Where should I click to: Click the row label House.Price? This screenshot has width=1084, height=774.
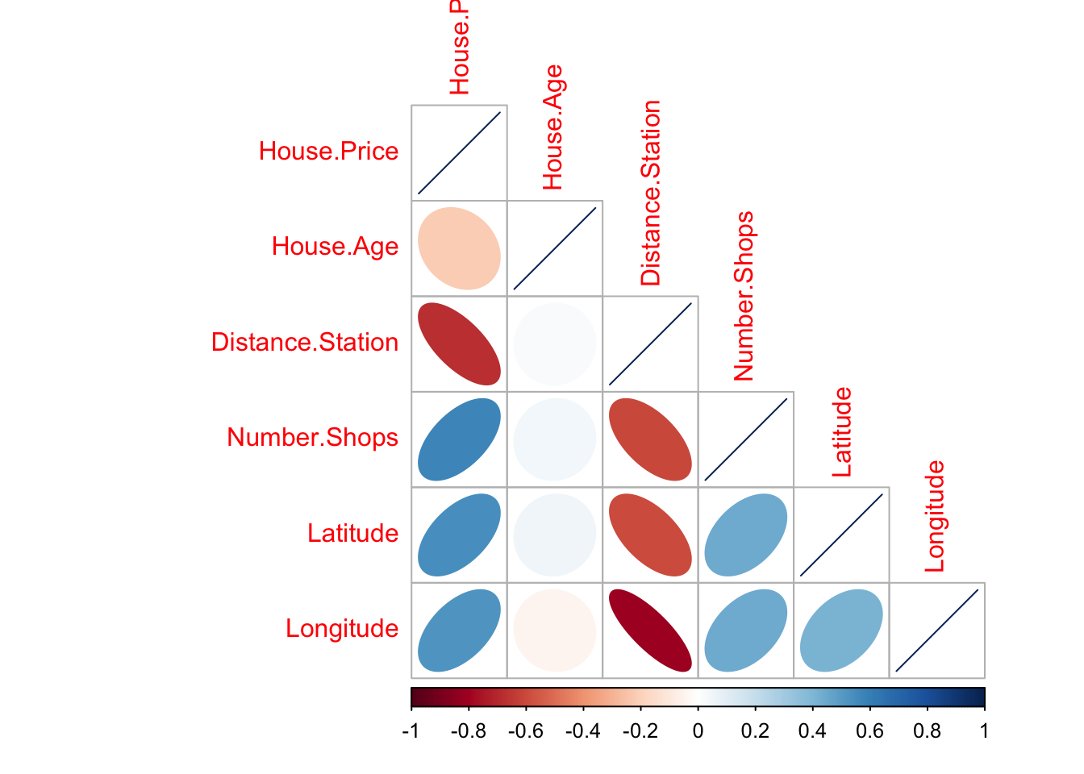click(328, 152)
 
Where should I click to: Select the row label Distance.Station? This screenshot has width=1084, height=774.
click(305, 343)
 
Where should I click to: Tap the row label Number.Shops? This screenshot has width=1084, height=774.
click(313, 438)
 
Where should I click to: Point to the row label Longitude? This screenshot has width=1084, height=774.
click(342, 629)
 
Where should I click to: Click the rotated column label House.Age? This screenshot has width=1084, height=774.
click(553, 127)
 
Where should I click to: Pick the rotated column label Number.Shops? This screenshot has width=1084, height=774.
click(744, 296)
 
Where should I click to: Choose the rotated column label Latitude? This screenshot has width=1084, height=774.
click(841, 432)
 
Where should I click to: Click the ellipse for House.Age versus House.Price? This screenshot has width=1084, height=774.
click(459, 248)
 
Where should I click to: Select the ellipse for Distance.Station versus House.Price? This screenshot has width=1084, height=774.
click(459, 343)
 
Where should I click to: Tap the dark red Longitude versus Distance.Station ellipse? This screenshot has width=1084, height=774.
click(650, 630)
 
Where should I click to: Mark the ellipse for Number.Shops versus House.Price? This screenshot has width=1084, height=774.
click(459, 439)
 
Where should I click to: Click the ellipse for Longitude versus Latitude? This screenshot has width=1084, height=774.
click(841, 630)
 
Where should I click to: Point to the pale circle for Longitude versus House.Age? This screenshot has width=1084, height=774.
click(555, 630)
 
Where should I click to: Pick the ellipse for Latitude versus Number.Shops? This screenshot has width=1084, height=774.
click(746, 535)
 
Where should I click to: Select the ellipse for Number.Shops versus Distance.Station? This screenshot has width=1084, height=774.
click(650, 439)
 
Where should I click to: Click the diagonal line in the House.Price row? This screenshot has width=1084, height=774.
click(459, 153)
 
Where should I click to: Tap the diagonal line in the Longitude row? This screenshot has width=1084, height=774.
click(937, 630)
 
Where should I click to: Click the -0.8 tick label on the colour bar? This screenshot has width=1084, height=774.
click(468, 731)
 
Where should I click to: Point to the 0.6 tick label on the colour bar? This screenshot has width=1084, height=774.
click(869, 731)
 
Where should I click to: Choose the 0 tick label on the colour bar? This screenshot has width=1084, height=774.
click(698, 731)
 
